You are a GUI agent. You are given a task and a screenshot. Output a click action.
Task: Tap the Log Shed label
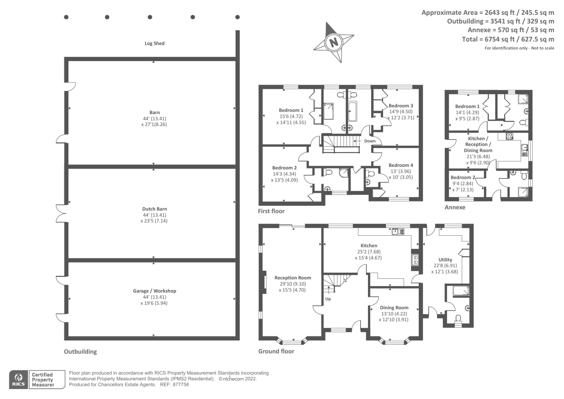pyautogui.click(x=154, y=43)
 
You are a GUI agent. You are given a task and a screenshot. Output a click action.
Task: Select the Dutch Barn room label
pyautogui.click(x=154, y=209)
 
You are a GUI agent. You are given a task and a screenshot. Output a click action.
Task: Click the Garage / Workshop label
pyautogui.click(x=154, y=291)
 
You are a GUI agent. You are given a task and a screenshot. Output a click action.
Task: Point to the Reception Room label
pyautogui.click(x=293, y=278)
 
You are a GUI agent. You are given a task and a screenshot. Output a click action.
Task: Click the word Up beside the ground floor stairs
pyautogui.click(x=328, y=299)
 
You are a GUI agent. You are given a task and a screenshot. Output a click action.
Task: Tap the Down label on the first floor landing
pyautogui.click(x=369, y=141)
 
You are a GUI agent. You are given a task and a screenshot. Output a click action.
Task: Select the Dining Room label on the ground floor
pyautogui.click(x=394, y=308)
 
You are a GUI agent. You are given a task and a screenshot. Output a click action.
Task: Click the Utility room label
pyautogui.click(x=445, y=260)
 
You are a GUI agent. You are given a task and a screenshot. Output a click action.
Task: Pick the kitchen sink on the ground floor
pyautogui.click(x=398, y=231)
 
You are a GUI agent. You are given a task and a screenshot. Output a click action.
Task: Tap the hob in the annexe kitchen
pyautogui.click(x=509, y=136)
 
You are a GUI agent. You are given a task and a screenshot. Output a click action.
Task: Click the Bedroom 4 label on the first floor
pyautogui.click(x=400, y=165)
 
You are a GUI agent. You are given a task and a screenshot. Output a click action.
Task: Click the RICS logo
pyautogui.click(x=18, y=380)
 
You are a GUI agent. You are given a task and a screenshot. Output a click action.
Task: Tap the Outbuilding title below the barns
pyautogui.click(x=80, y=352)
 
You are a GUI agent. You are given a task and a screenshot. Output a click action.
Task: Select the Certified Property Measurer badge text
pyautogui.click(x=43, y=380)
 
